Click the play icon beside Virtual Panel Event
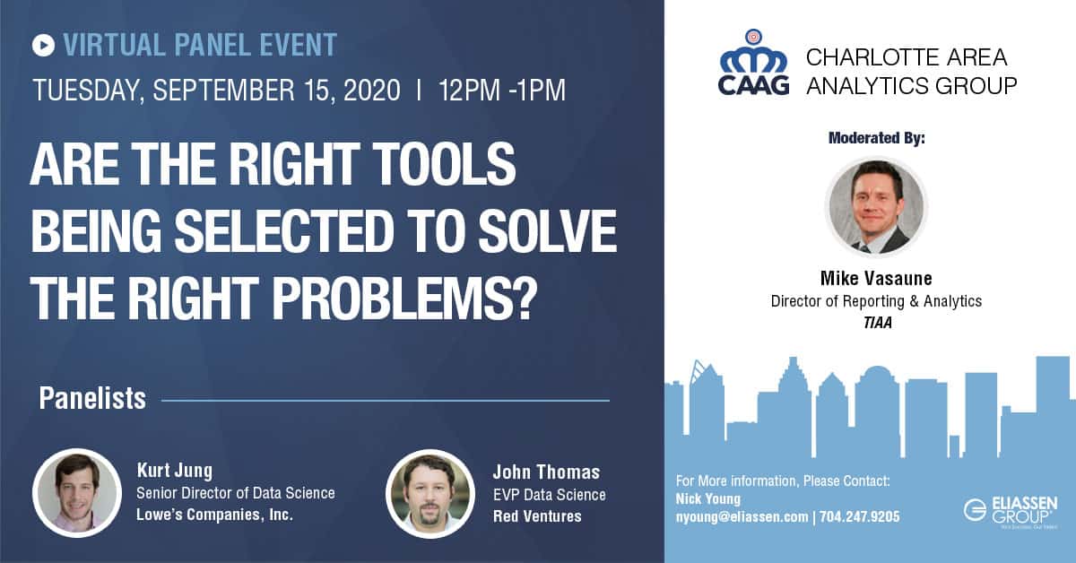point(43,46)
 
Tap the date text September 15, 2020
point(276,90)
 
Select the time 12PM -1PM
point(502,90)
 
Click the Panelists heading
point(92,398)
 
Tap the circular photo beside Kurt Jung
point(77,493)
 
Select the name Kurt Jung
point(174,471)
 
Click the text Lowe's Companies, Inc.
point(214,515)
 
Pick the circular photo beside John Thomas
point(430,494)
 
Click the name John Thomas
point(546,472)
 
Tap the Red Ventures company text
point(537,515)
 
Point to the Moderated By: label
point(877,138)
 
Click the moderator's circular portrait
point(876,206)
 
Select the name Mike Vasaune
point(876,278)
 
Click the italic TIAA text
point(877,323)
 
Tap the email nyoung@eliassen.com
point(742,517)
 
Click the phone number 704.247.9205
point(859,517)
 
